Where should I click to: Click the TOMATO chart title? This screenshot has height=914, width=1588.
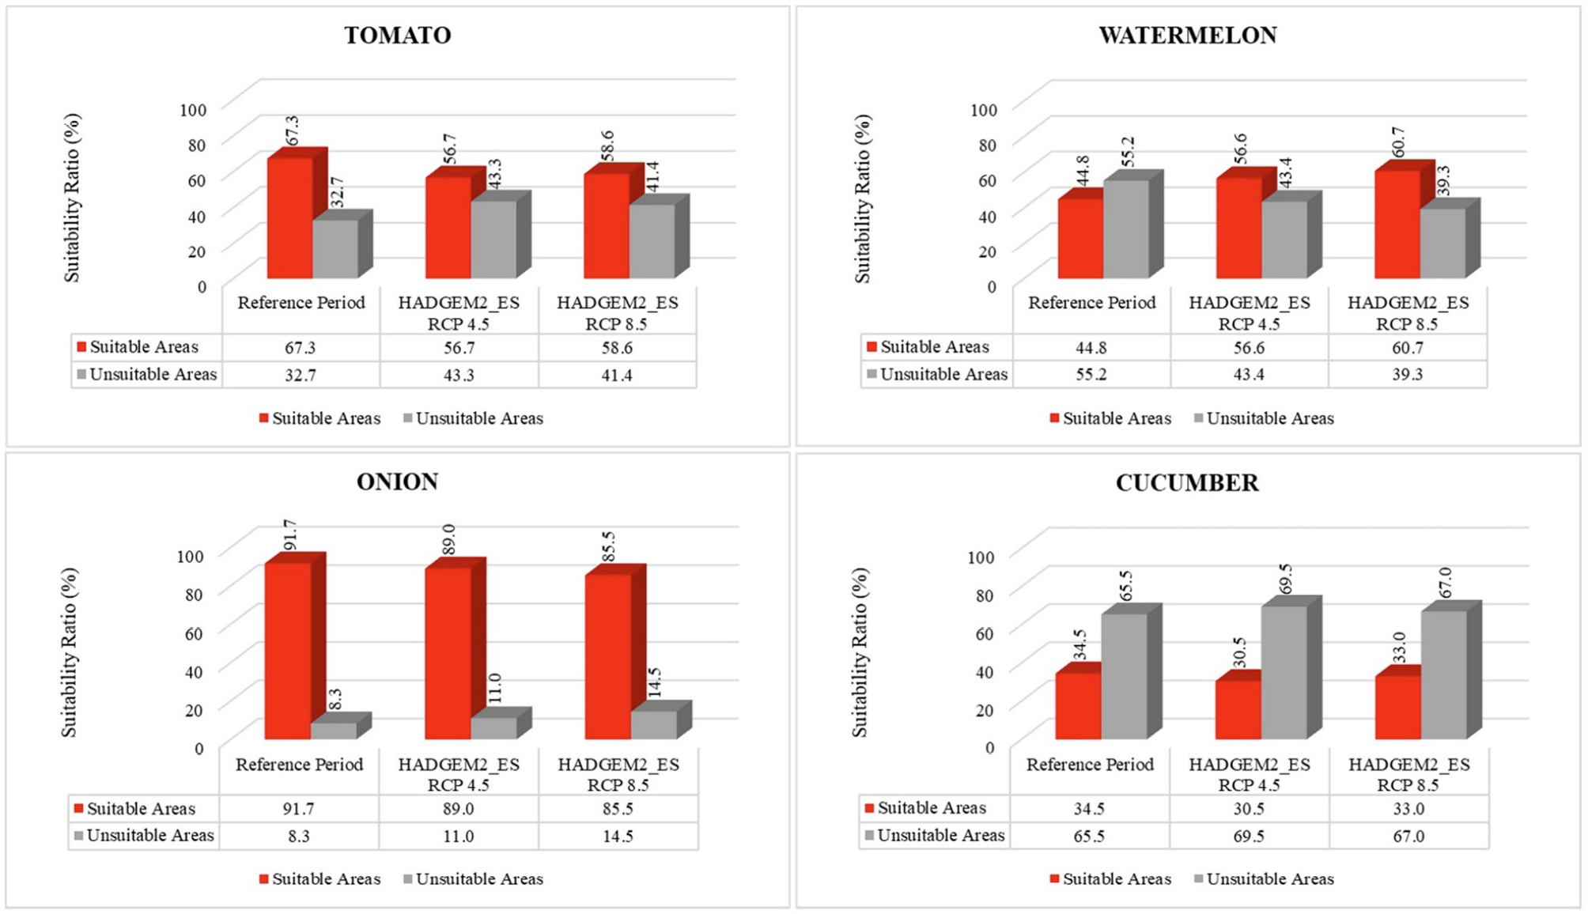point(397,36)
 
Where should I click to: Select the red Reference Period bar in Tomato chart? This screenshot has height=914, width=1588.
point(290,217)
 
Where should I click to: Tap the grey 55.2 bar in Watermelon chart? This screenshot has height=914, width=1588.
point(1126,229)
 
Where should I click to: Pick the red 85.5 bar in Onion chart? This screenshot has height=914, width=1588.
point(608,656)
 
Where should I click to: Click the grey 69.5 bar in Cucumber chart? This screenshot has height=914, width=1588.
point(1284,672)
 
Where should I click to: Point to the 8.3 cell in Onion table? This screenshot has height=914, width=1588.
point(299,836)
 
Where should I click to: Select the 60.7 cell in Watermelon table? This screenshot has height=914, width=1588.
point(1407,348)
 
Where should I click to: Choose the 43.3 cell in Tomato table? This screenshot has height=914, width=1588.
point(459,375)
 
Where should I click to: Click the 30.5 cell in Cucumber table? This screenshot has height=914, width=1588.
point(1248,809)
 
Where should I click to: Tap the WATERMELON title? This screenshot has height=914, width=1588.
point(1187,36)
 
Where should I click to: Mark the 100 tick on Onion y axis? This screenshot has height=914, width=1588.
point(190,556)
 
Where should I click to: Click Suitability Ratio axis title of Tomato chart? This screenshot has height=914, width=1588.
point(72,198)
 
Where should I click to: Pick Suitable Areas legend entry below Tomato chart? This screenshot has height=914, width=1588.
point(319,418)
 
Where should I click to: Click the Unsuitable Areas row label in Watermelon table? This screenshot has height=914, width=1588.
point(943,375)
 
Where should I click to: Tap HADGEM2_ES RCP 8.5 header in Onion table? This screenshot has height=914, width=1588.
point(618,774)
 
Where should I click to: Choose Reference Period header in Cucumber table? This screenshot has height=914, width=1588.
point(1090,765)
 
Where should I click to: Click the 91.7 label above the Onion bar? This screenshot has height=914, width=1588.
point(290,535)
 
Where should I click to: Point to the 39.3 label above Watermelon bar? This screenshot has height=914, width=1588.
point(1443,181)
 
